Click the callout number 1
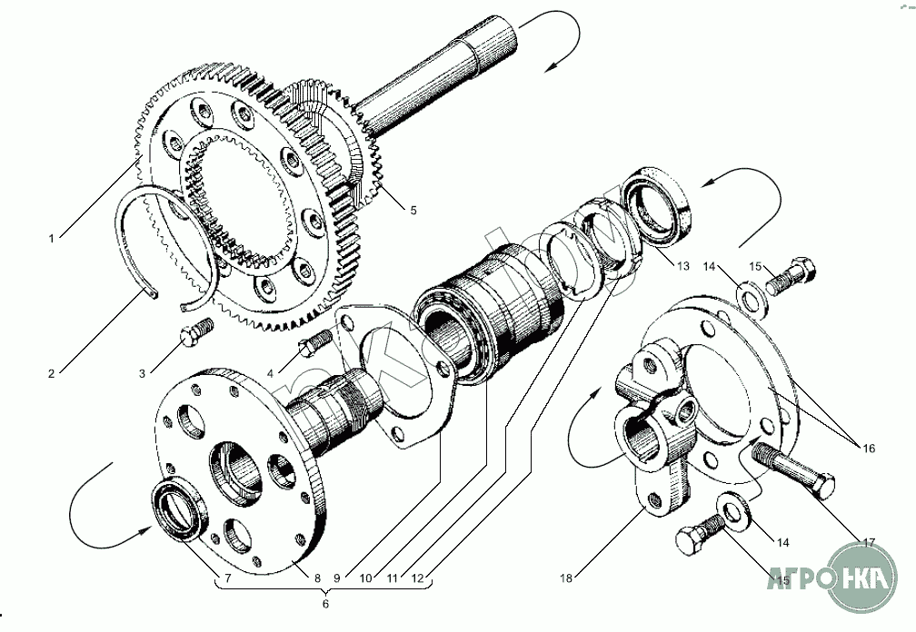click(x=54, y=238)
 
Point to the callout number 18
click(x=566, y=578)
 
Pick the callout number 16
click(x=869, y=448)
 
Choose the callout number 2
click(x=52, y=372)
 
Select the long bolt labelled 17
click(x=794, y=469)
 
